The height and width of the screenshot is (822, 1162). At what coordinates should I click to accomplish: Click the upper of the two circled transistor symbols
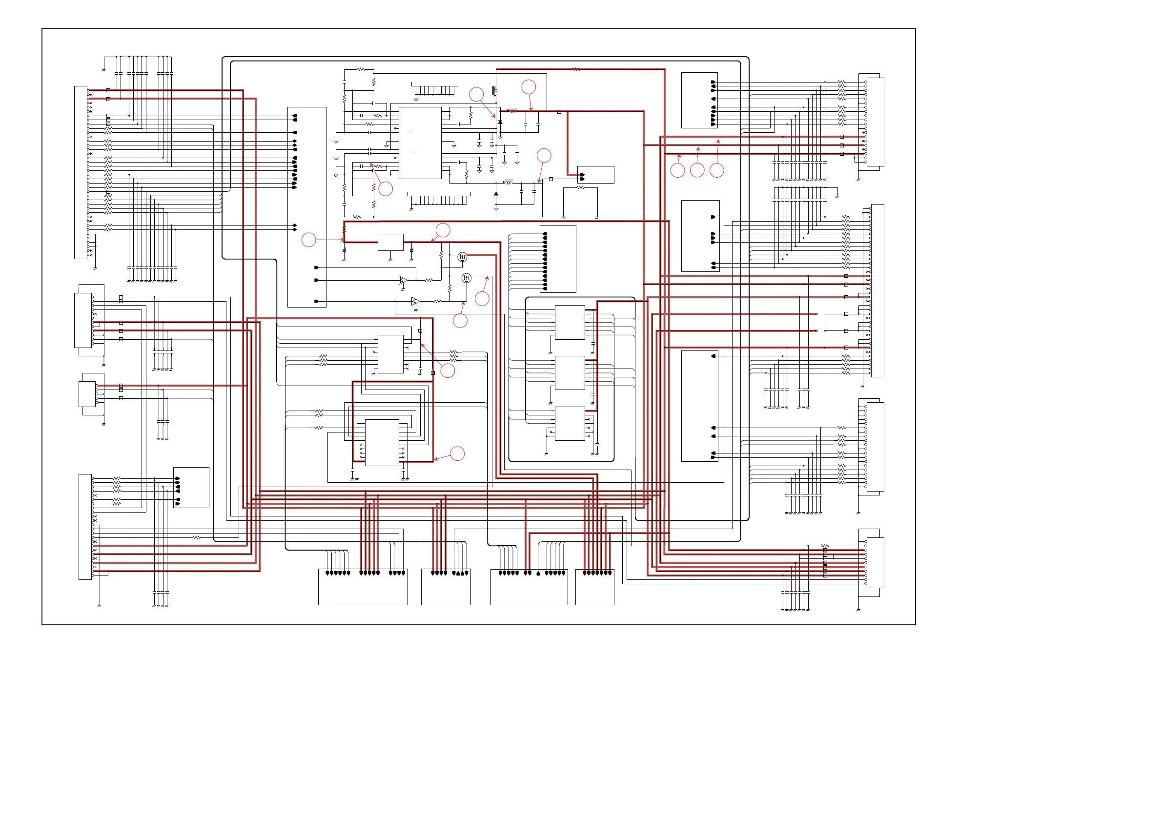click(x=462, y=257)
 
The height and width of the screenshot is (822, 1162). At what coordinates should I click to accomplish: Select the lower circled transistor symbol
click(x=467, y=278)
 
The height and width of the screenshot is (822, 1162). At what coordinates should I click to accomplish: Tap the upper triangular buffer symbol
click(x=403, y=280)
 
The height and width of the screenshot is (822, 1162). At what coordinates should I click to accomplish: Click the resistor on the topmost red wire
click(x=576, y=69)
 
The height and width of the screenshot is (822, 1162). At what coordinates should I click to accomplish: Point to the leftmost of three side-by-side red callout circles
click(x=678, y=170)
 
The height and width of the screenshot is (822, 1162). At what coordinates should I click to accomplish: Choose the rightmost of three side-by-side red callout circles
click(x=716, y=170)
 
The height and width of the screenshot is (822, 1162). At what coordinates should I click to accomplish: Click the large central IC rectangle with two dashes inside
click(x=420, y=143)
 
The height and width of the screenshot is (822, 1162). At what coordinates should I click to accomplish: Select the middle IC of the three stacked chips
click(x=570, y=373)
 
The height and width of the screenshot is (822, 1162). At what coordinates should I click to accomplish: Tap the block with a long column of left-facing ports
click(x=558, y=259)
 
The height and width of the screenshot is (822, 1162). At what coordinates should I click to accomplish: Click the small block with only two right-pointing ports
click(x=596, y=175)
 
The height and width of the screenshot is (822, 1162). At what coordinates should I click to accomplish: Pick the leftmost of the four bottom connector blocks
click(x=363, y=587)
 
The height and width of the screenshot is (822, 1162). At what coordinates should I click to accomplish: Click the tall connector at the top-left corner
click(x=81, y=172)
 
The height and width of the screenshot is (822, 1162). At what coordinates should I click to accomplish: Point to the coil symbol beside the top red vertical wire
click(x=494, y=91)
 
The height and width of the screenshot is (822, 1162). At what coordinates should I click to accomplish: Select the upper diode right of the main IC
click(x=500, y=122)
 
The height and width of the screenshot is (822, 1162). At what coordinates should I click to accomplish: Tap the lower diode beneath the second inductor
click(x=496, y=194)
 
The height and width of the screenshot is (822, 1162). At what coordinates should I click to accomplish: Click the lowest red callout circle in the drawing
click(x=457, y=453)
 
